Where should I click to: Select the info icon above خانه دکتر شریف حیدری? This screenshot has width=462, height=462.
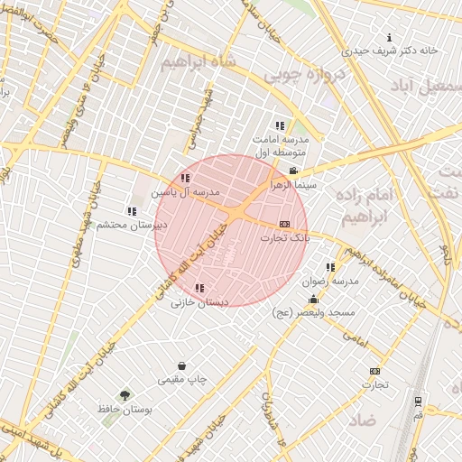pos(389,37)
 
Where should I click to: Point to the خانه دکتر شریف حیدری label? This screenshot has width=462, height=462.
pos(394,51)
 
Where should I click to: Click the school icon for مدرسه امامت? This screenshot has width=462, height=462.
pos(281,125)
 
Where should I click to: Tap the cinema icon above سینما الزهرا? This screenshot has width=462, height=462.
pos(292,171)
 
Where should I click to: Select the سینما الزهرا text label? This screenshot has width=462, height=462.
pos(291,183)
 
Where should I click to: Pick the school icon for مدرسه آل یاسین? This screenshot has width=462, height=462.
pos(185,179)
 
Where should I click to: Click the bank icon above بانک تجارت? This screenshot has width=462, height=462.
pos(284,224)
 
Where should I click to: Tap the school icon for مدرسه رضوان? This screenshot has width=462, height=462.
pos(330,267)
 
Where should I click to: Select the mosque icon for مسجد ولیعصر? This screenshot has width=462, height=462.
pos(313,300)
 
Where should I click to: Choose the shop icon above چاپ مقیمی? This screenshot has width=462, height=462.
pos(183,366)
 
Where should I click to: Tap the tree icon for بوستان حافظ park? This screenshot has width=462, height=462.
pos(125,395)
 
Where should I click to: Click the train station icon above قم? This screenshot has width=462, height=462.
pos(418,402)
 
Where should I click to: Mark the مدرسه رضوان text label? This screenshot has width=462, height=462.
pos(333,281)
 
